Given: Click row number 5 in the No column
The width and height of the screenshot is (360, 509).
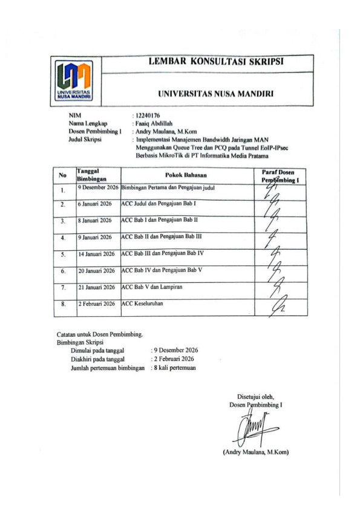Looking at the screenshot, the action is tap(62, 255).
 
